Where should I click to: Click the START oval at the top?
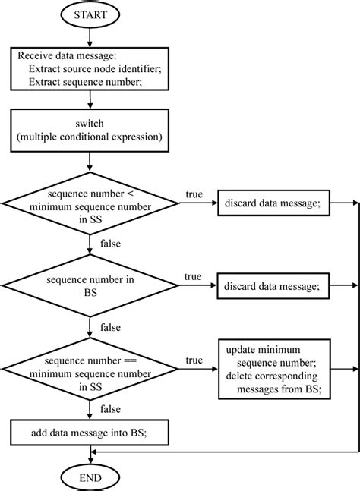pos(90,14)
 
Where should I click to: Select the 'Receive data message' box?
pos(90,69)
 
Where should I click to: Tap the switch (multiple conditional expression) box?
pos(90,130)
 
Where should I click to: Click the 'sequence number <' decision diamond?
pos(90,203)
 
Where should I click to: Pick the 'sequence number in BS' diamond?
pos(90,285)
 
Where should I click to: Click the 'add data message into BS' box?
pos(90,433)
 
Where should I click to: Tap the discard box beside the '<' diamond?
pos(276,203)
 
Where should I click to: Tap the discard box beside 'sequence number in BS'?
pos(276,285)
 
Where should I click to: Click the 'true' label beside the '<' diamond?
pos(194,195)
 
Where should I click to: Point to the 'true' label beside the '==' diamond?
pos(194,360)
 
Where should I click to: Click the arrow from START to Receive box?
pos(90,36)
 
